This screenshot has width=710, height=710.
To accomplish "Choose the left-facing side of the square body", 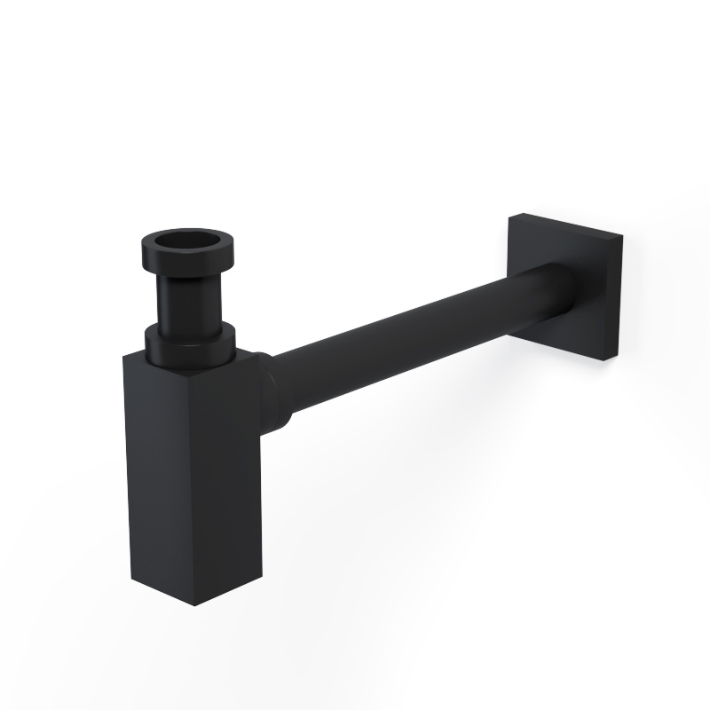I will [x=156, y=479].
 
